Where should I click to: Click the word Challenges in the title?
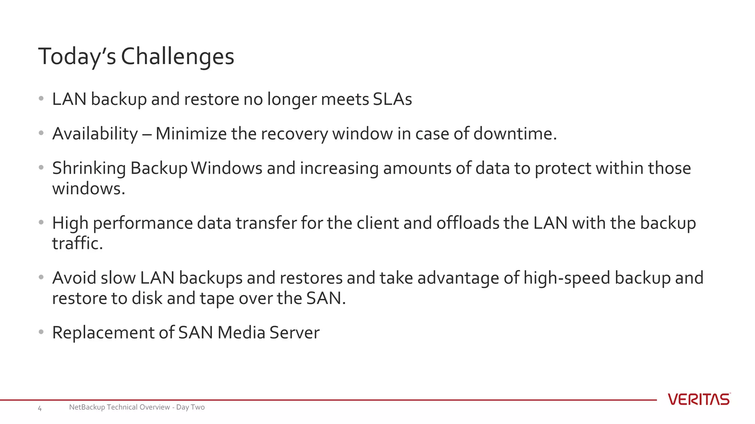pyautogui.click(x=177, y=57)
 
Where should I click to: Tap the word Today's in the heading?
pyautogui.click(x=77, y=57)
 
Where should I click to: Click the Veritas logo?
pyautogui.click(x=699, y=399)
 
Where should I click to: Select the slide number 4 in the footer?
pyautogui.click(x=40, y=408)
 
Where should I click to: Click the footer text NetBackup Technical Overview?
pyautogui.click(x=119, y=407)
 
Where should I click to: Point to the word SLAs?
pyautogui.click(x=392, y=99)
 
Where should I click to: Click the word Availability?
pyautogui.click(x=95, y=134)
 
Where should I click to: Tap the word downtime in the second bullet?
pyautogui.click(x=515, y=133)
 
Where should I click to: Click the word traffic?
pyautogui.click(x=77, y=243)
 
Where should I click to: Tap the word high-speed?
pyautogui.click(x=567, y=278)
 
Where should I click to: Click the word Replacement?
pyautogui.click(x=103, y=333)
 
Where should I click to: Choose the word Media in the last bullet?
pyautogui.click(x=241, y=333)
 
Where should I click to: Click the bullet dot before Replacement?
pyautogui.click(x=41, y=332)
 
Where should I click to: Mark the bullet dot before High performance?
pyautogui.click(x=41, y=222)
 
